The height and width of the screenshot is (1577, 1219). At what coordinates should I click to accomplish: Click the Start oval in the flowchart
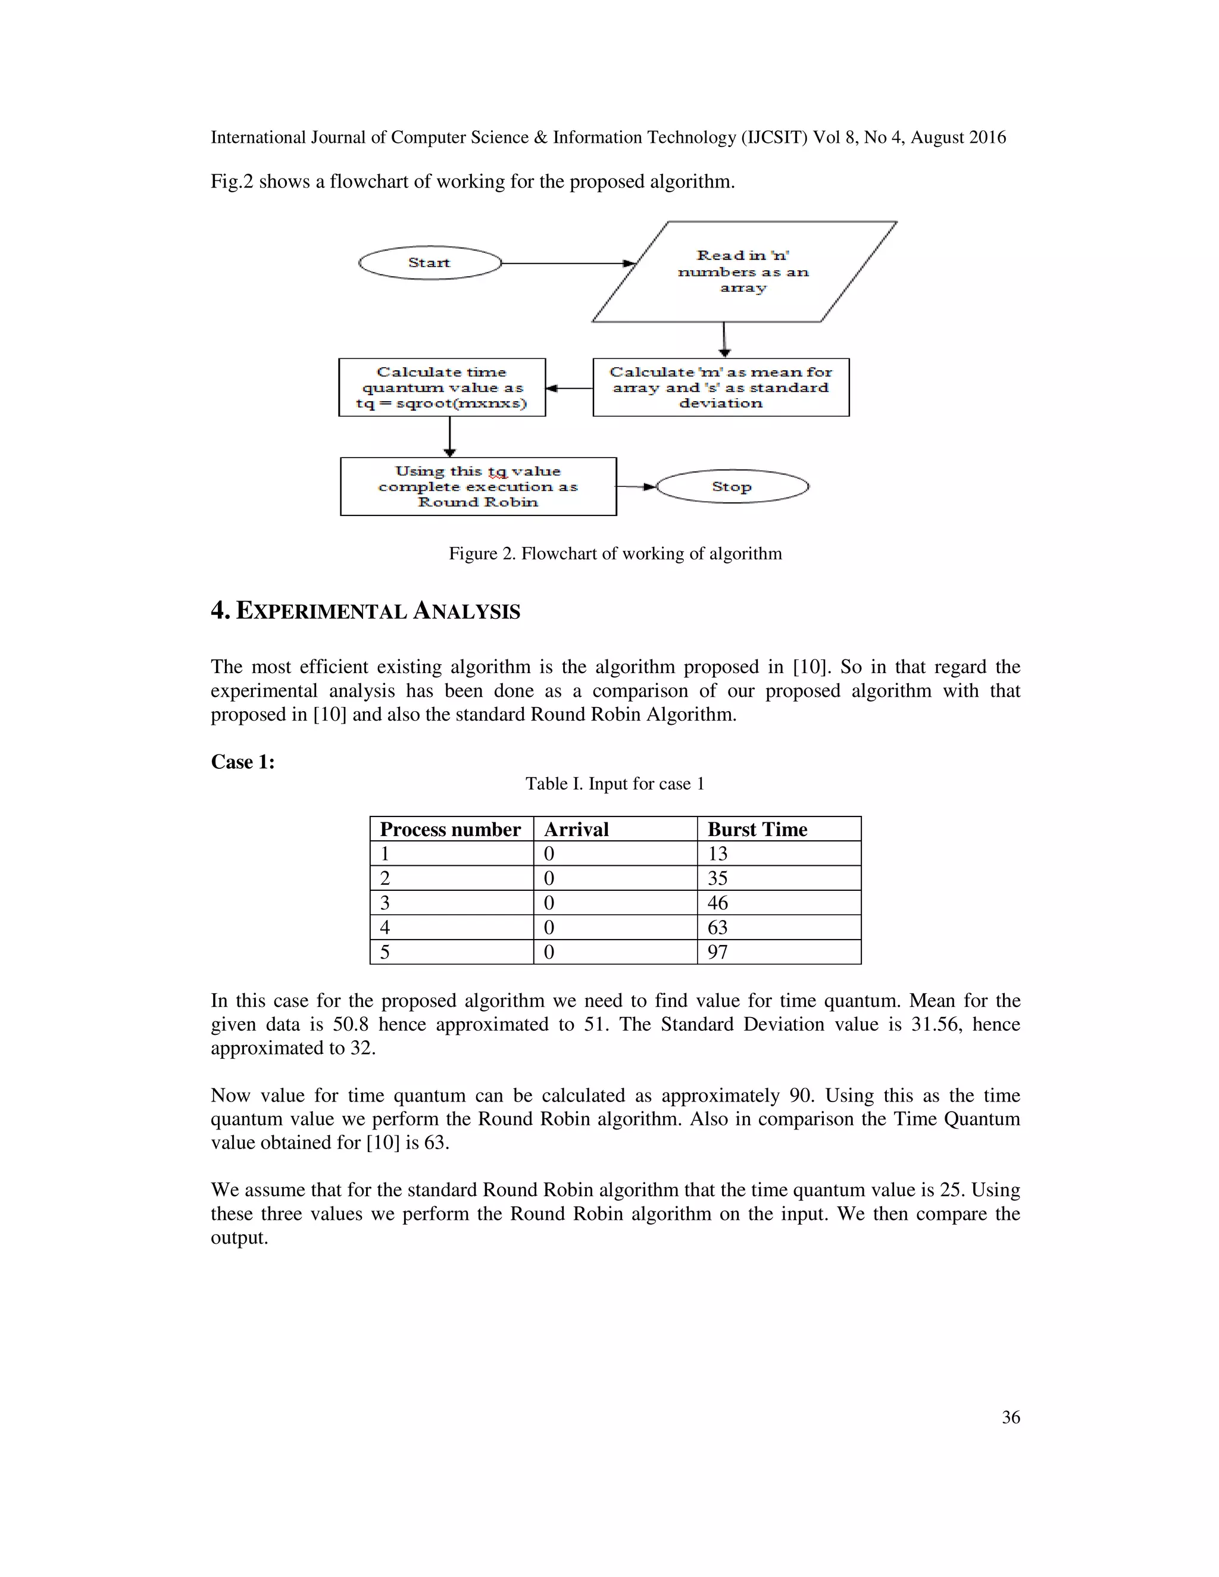click(430, 263)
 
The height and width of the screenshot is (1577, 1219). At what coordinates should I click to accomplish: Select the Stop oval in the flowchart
click(732, 487)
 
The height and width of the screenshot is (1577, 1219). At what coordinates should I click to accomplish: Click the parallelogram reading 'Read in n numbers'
click(744, 271)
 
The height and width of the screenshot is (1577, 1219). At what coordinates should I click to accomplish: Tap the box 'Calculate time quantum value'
click(442, 388)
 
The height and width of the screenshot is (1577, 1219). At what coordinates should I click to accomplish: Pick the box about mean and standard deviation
click(721, 388)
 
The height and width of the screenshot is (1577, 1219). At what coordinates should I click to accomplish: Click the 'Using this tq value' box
click(478, 487)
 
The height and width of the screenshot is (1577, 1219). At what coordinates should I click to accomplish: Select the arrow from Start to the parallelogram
click(567, 264)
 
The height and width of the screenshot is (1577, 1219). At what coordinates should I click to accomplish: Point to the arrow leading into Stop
click(636, 487)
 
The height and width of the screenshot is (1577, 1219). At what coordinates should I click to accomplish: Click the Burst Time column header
click(757, 830)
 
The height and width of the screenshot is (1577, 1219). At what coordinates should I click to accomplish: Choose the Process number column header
click(450, 830)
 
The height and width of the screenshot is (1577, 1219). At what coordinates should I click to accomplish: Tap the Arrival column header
click(576, 830)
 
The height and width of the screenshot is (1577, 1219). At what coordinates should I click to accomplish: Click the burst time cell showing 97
click(717, 952)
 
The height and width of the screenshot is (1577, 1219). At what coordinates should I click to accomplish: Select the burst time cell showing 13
click(717, 854)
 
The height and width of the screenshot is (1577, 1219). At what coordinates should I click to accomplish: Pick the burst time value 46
click(717, 903)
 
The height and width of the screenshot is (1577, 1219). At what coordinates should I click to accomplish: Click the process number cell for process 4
click(385, 928)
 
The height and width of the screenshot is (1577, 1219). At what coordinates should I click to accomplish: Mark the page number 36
click(1010, 1418)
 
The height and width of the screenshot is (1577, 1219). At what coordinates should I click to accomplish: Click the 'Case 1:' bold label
click(243, 762)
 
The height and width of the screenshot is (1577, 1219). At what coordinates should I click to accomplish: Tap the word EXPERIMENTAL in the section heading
click(321, 612)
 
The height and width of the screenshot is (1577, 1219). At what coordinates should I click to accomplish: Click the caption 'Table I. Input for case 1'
click(614, 784)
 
